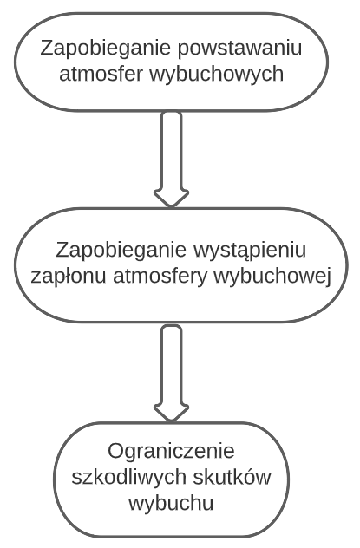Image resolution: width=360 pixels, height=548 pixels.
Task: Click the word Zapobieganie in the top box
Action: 107,49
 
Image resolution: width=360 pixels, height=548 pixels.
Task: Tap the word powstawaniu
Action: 239,49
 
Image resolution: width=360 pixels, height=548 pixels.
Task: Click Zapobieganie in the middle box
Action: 122,251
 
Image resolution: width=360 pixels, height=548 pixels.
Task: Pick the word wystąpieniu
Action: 250,251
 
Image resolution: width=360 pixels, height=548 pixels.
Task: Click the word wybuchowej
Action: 272,277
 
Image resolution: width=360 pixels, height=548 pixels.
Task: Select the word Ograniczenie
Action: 171,452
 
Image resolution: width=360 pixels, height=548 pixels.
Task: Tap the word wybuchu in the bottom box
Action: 171,504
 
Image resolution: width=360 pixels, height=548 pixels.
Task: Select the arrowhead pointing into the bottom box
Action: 171,413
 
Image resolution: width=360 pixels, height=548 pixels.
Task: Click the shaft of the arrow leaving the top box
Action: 171,151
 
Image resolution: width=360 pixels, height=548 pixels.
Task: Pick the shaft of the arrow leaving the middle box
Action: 171,365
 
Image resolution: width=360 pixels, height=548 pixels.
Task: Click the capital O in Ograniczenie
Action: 115,451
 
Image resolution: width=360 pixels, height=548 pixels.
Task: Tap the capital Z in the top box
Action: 47,48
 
